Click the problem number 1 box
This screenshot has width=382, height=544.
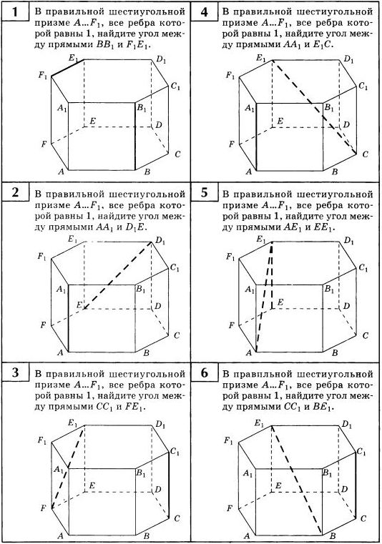pyautogui.click(x=15, y=12)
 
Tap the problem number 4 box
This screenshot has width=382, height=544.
pyautogui.click(x=205, y=12)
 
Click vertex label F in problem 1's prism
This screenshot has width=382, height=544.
pyautogui.click(x=44, y=144)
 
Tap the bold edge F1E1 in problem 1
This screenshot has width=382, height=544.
pyautogui.click(x=68, y=68)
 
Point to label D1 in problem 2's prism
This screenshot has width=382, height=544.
pyautogui.click(x=160, y=240)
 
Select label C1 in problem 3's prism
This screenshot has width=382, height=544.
pyautogui.click(x=175, y=452)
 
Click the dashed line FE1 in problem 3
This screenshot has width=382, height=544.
pyautogui.click(x=68, y=468)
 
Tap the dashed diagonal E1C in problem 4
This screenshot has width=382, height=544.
pyautogui.click(x=314, y=107)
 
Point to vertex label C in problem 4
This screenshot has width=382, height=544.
pyautogui.click(x=365, y=154)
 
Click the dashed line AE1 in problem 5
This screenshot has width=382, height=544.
pyautogui.click(x=264, y=297)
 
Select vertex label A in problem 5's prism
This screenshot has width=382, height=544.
pyautogui.click(x=249, y=353)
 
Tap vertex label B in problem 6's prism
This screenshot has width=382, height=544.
pyautogui.click(x=333, y=535)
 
